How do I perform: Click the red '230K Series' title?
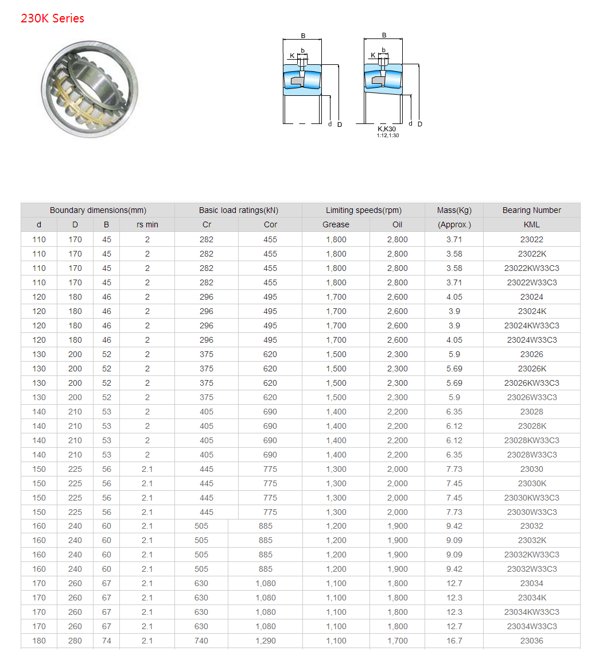(53, 18)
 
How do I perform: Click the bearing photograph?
(90, 89)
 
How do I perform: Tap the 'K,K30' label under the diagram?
(387, 129)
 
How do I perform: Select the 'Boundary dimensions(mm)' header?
(98, 210)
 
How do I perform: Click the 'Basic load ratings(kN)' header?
(239, 210)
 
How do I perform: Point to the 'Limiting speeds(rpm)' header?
(364, 210)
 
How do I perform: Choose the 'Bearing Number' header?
(532, 210)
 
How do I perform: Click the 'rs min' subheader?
(147, 224)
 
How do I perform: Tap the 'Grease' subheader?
(336, 224)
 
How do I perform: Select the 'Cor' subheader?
(270, 224)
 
